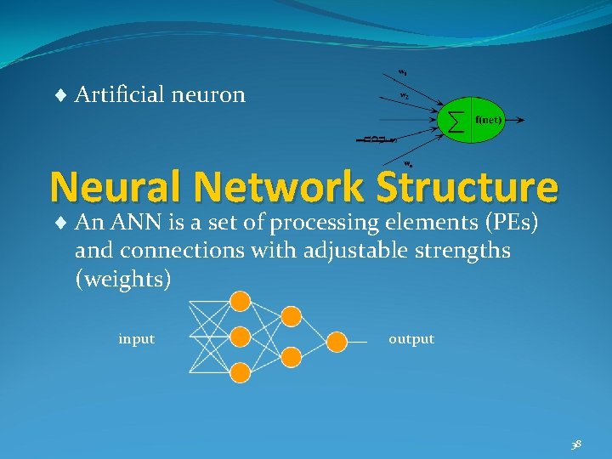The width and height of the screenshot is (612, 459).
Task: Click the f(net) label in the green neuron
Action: (x=489, y=120)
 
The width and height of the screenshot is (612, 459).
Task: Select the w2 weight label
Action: (x=405, y=96)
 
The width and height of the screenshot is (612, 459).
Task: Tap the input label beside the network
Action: (x=136, y=339)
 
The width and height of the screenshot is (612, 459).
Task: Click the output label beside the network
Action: (x=411, y=339)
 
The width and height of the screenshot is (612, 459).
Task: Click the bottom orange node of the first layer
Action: (x=241, y=371)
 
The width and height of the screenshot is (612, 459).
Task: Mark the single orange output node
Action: (x=337, y=342)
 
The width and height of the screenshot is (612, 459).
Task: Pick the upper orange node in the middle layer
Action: (x=292, y=316)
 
